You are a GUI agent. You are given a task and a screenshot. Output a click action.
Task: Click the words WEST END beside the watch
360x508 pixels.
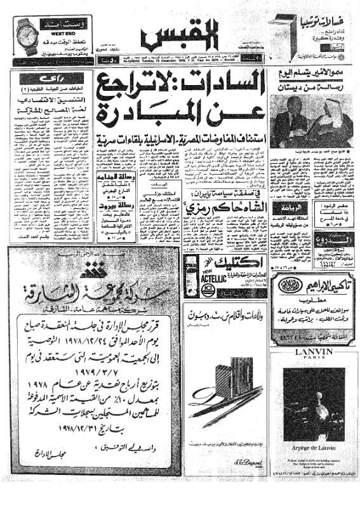tap(58, 29)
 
